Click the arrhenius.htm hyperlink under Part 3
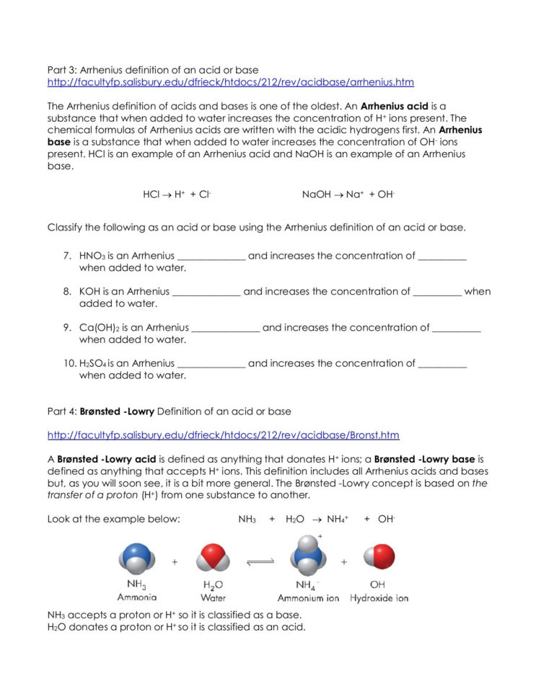[231, 82]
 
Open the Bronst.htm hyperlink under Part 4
[223, 435]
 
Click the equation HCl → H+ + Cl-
[177, 195]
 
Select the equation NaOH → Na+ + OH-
[348, 195]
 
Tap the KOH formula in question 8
[90, 292]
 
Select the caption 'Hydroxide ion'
[379, 598]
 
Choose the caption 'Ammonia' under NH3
[137, 597]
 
